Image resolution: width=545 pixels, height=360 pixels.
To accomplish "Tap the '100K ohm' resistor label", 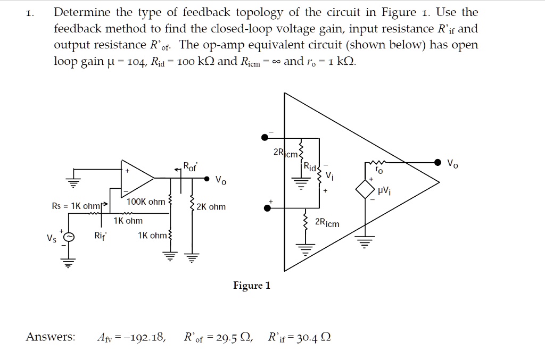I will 146,202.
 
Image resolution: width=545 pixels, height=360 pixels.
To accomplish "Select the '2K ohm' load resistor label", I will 211,207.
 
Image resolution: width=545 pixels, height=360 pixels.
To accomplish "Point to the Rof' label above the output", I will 190,166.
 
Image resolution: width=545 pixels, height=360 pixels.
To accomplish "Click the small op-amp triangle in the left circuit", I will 136,175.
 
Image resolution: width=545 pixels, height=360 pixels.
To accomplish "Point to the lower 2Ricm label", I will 327,223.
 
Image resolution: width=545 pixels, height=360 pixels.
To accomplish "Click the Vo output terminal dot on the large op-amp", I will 437,162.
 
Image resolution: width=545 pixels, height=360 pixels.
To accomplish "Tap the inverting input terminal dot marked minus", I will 265,137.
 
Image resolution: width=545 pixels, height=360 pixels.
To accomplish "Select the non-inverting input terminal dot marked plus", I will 267,208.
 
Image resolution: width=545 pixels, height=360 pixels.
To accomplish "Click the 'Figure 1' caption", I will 252,286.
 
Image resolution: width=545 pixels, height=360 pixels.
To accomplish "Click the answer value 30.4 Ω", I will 314,337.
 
